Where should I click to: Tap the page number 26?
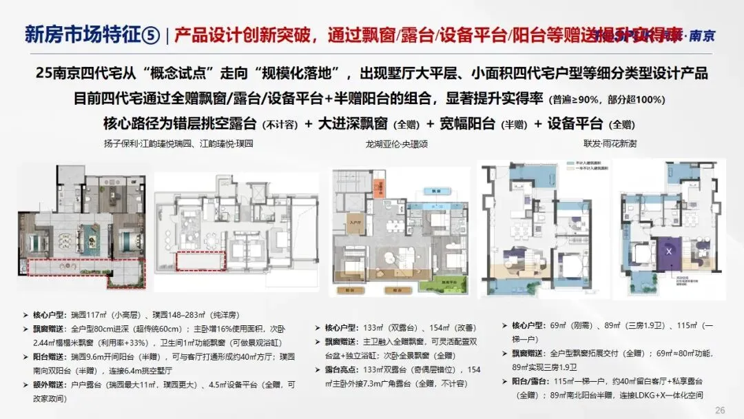720,411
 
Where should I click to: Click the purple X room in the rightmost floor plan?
668,251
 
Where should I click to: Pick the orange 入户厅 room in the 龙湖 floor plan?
357,223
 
